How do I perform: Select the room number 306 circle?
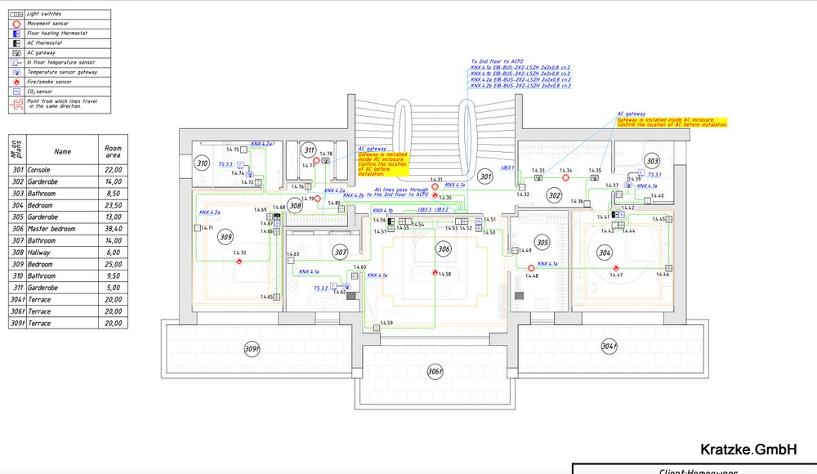point(444,248)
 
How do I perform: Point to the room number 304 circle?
point(605,253)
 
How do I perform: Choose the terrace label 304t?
point(608,346)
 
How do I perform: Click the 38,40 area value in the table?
point(113,229)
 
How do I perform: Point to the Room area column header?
point(113,151)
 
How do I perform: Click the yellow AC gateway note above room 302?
point(672,122)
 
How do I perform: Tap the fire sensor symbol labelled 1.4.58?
point(435,272)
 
